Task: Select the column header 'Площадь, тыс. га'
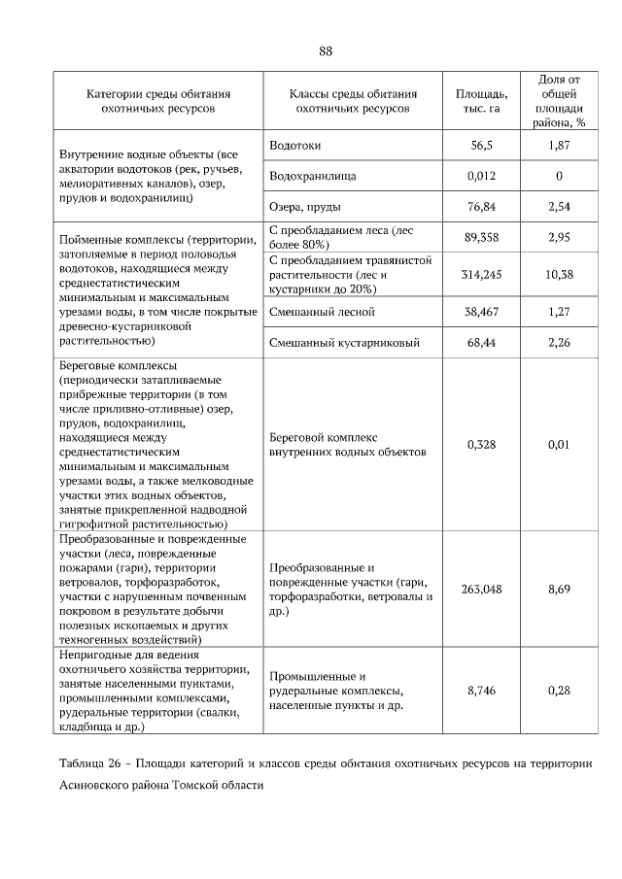click(481, 101)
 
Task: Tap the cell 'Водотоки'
click(294, 145)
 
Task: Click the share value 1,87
click(559, 145)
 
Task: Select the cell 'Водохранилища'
click(312, 176)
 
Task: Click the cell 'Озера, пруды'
click(304, 207)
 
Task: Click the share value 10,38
click(559, 275)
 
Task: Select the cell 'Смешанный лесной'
click(321, 312)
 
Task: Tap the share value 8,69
click(559, 590)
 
